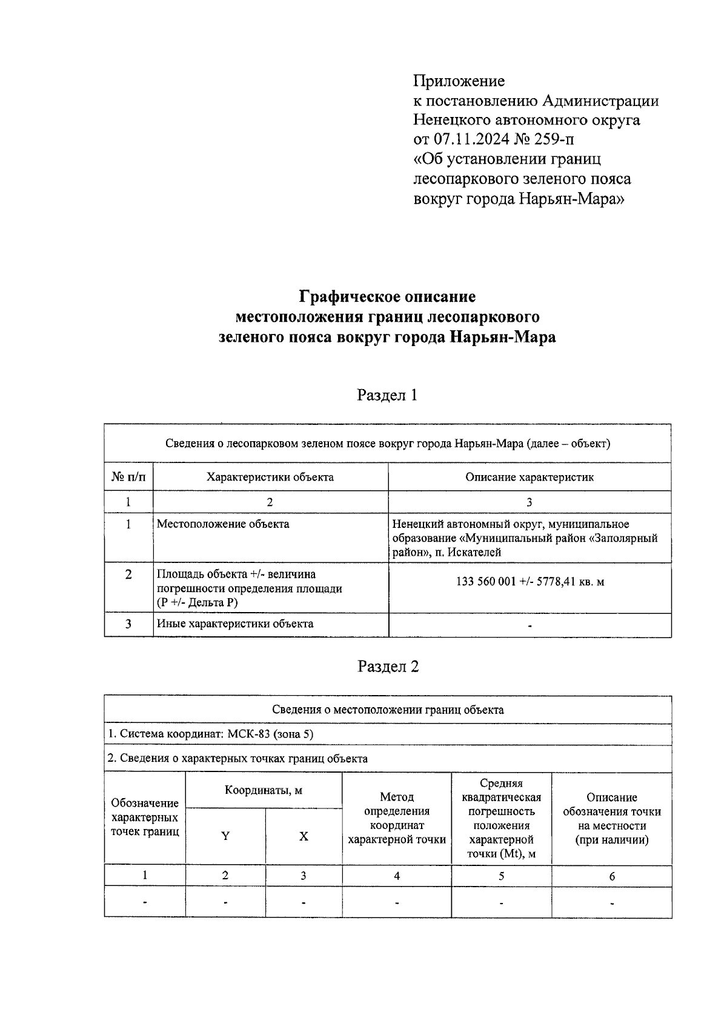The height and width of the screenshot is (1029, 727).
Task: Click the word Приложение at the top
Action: (x=459, y=81)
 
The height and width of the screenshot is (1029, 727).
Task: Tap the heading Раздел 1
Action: (x=387, y=396)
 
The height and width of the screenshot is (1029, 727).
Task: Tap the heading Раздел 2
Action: (x=388, y=667)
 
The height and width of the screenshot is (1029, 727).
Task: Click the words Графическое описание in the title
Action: (x=387, y=297)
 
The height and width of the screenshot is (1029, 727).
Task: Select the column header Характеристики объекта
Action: (x=270, y=477)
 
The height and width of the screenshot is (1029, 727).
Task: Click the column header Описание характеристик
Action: (x=529, y=477)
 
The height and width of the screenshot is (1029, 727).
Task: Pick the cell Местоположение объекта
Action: (x=223, y=524)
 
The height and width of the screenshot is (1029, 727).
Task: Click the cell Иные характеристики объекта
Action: (x=235, y=624)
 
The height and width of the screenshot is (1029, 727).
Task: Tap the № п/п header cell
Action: (x=128, y=477)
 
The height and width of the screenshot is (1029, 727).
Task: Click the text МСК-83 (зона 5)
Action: (x=270, y=734)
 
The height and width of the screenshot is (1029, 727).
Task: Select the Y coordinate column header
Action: (x=225, y=836)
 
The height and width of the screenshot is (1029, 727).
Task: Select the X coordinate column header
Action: (x=304, y=836)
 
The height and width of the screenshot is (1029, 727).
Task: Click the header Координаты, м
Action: (x=264, y=790)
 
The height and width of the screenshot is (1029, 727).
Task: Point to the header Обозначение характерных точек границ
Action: (x=145, y=818)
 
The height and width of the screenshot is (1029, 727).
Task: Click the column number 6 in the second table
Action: (x=612, y=876)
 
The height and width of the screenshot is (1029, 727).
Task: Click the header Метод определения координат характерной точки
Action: (x=396, y=818)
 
